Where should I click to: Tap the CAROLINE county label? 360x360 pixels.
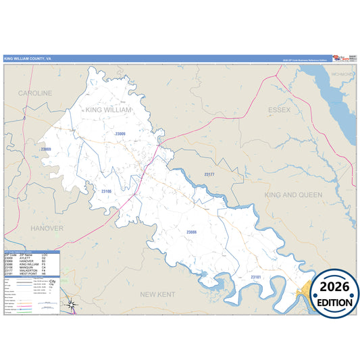35,93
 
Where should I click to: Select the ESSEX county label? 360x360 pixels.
279,109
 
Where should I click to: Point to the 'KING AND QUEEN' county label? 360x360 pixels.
290,195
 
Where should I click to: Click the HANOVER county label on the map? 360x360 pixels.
47,228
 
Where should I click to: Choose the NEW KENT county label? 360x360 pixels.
157,294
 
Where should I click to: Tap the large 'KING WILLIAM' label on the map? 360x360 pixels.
109,109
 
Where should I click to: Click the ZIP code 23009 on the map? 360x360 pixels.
120,134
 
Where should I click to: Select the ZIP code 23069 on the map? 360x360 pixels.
46,149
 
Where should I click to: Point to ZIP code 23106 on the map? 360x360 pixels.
106,191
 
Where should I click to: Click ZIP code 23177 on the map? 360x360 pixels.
209,174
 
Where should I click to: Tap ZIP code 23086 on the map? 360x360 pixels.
191,232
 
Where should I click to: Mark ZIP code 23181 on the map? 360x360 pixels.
256,277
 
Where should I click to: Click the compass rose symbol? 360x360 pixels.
72,305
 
